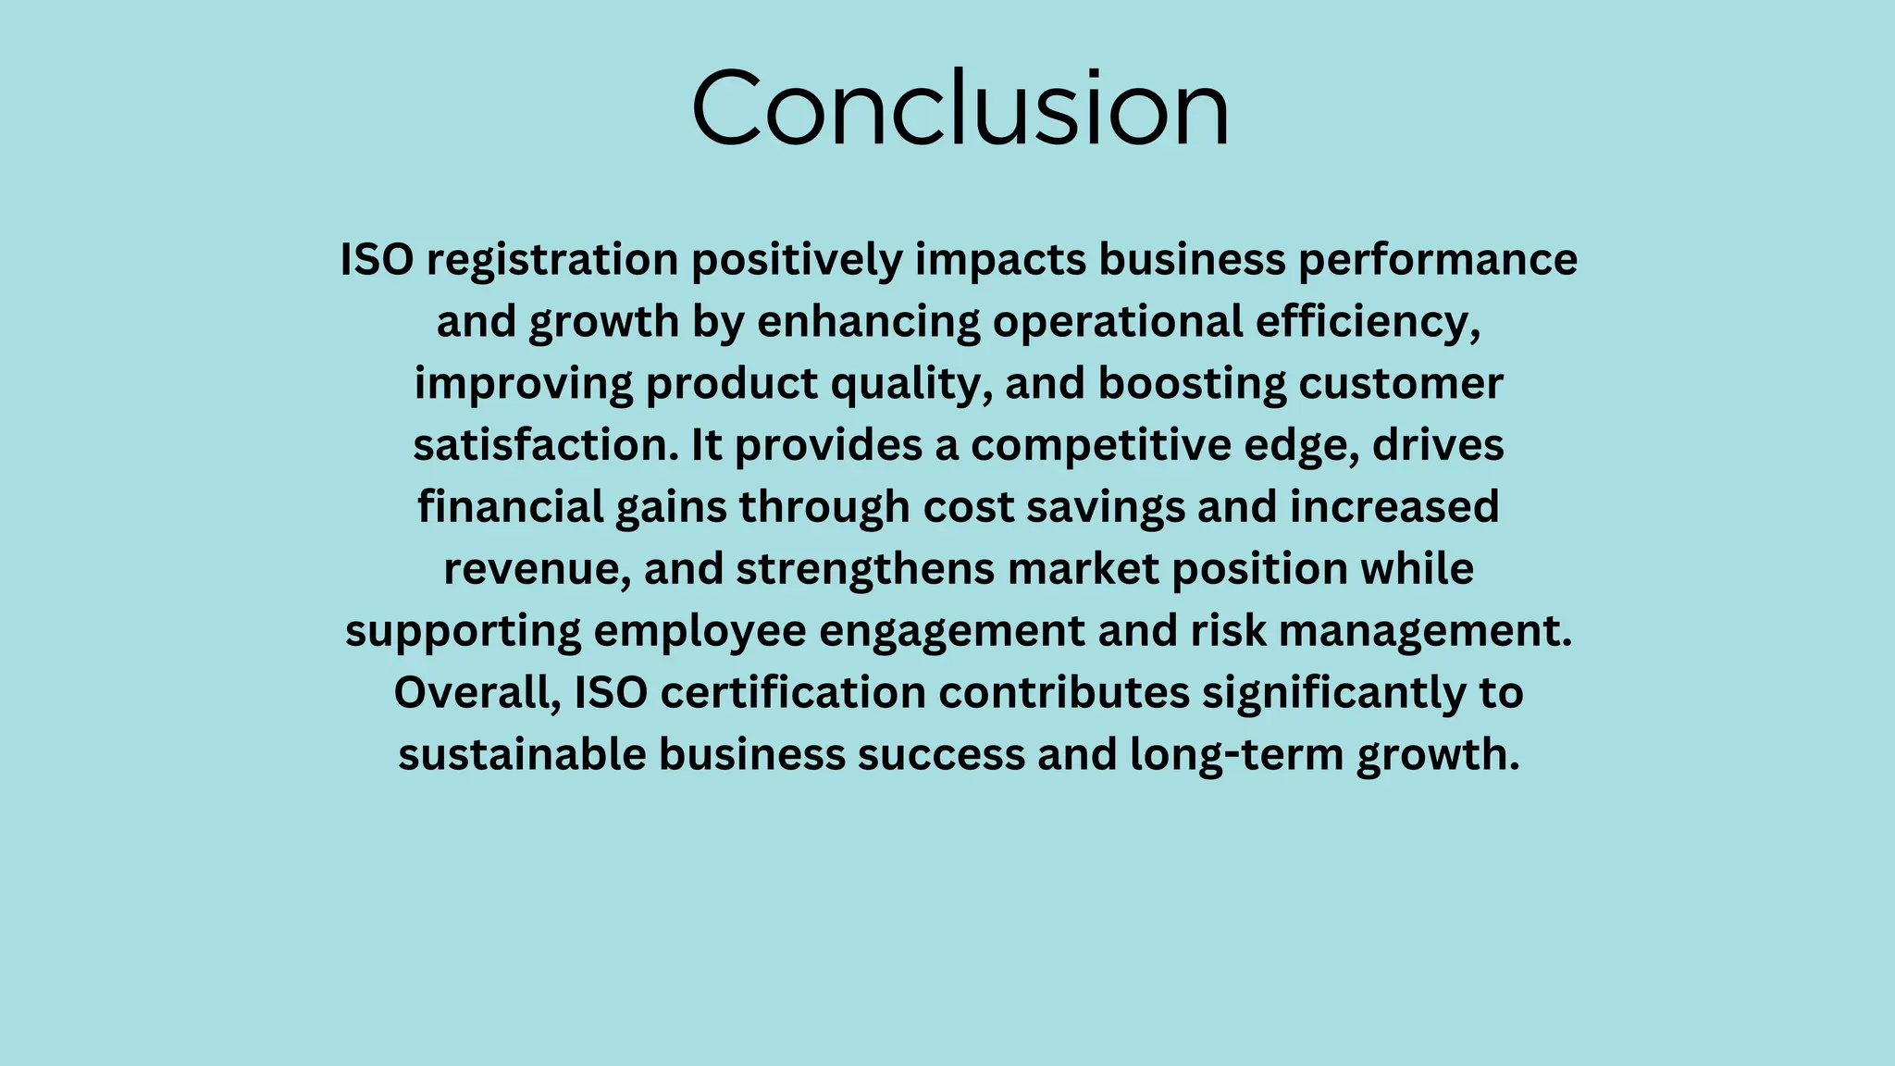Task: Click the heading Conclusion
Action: pyautogui.click(x=960, y=108)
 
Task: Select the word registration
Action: pyautogui.click(x=552, y=260)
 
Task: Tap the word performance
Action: pyautogui.click(x=1437, y=260)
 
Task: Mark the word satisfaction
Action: pyautogui.click(x=545, y=445)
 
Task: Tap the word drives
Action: pyautogui.click(x=1438, y=445)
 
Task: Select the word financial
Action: pyautogui.click(x=510, y=507)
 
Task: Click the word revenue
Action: pyautogui.click(x=537, y=569)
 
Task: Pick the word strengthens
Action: pyautogui.click(x=865, y=569)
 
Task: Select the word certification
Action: pyautogui.click(x=793, y=693)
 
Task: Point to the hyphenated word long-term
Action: pyautogui.click(x=1237, y=755)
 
